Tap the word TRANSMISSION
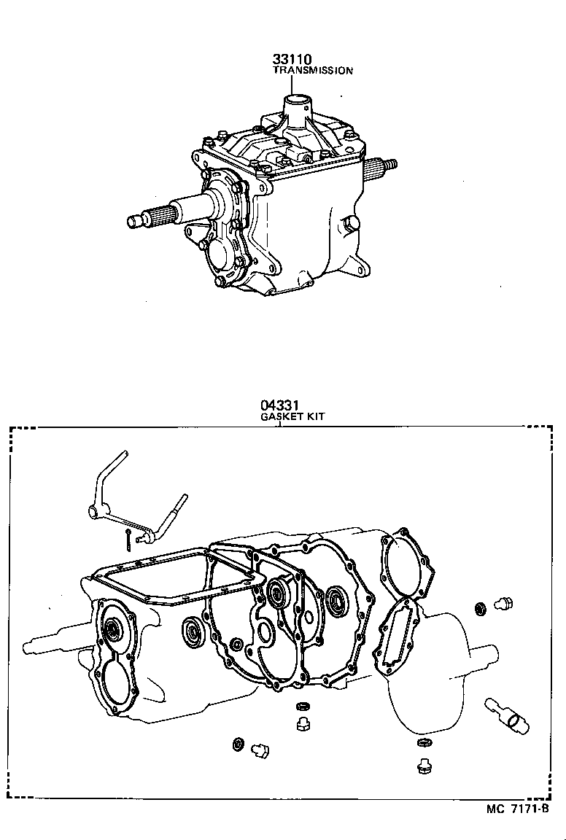click(x=313, y=71)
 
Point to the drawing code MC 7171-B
click(x=516, y=808)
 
